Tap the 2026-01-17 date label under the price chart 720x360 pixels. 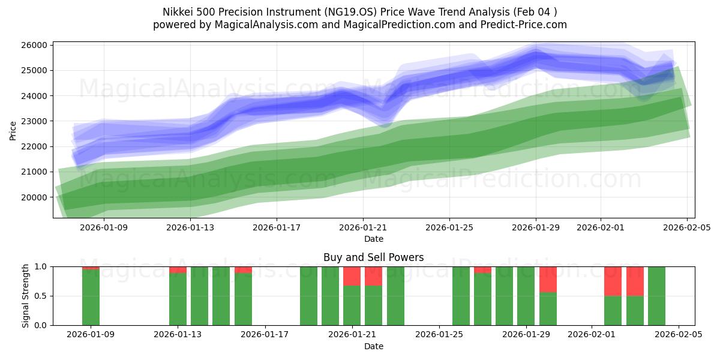[x=276, y=227]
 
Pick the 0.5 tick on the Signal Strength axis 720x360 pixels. [x=42, y=296]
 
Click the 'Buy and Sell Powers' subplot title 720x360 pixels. [x=373, y=257]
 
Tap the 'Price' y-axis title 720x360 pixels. [x=13, y=130]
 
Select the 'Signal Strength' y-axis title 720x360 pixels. [x=25, y=296]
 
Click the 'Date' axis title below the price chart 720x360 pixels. [x=373, y=239]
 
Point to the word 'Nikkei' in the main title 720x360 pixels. [x=178, y=12]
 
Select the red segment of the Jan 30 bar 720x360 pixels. [x=548, y=279]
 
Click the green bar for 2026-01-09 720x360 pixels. [x=91, y=297]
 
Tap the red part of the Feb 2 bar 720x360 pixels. [x=613, y=281]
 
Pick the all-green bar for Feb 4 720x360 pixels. [x=656, y=296]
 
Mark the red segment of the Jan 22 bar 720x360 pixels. [x=373, y=276]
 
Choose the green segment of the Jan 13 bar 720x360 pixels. [x=178, y=299]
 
